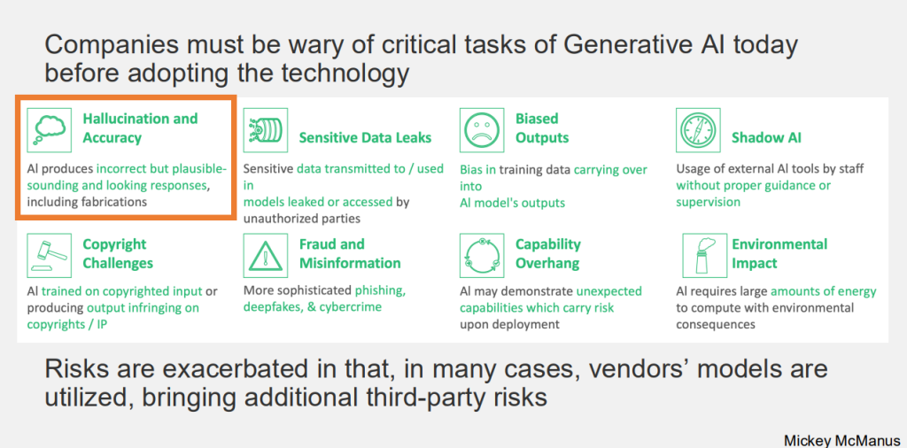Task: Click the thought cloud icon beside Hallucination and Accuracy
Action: point(50,129)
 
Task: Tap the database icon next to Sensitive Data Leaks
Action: point(265,129)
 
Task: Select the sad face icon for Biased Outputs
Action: point(481,129)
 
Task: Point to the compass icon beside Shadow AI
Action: point(698,129)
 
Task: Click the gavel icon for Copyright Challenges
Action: point(50,255)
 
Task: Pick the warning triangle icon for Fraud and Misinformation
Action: point(265,255)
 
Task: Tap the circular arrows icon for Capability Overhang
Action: point(481,255)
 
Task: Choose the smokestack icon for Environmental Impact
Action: point(704,255)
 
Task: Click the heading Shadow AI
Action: point(766,137)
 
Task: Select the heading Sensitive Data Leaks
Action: point(366,137)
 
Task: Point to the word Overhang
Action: point(547,264)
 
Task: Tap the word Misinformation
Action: point(350,263)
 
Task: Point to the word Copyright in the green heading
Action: point(114,244)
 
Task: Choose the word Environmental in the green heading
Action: point(779,244)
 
